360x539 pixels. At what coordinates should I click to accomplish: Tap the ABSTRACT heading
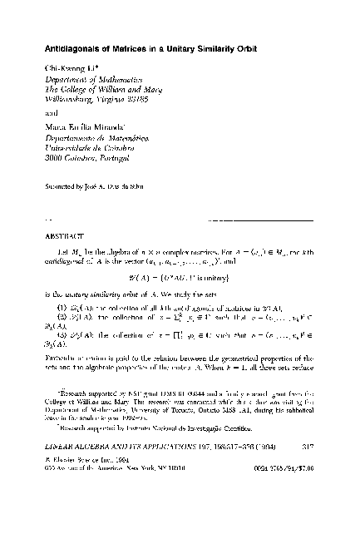[x=62, y=235]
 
